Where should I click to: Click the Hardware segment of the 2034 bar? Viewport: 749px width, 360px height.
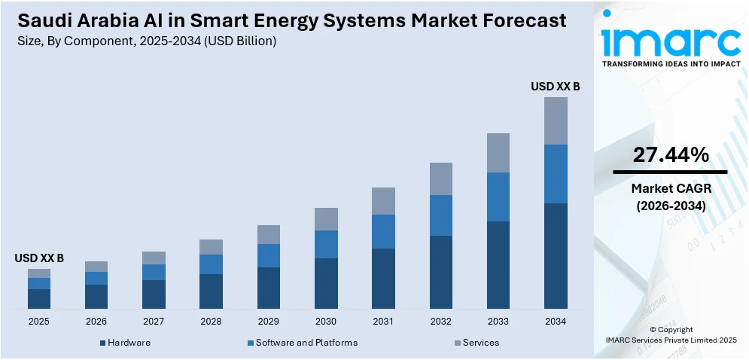coord(556,255)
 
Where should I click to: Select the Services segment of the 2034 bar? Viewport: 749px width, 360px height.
coord(556,121)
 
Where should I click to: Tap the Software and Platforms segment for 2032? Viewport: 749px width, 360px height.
coord(441,215)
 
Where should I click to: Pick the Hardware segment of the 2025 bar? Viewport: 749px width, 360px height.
coord(39,298)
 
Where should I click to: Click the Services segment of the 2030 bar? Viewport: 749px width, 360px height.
coord(326,219)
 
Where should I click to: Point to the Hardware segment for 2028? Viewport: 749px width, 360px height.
coord(211,291)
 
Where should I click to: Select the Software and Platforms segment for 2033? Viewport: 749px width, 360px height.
coord(498,197)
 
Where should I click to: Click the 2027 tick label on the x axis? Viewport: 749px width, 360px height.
coord(154,321)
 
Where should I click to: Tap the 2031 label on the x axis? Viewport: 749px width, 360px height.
coord(383,321)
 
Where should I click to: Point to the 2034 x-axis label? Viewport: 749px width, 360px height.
coord(556,321)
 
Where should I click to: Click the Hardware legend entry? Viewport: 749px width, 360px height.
coord(125,343)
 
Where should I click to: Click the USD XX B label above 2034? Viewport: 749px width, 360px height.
coord(556,87)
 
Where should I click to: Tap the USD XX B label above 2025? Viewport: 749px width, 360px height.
coord(39,258)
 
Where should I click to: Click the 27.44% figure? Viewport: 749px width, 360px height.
coord(670,155)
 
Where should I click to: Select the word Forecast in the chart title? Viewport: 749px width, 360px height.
coord(516,21)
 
